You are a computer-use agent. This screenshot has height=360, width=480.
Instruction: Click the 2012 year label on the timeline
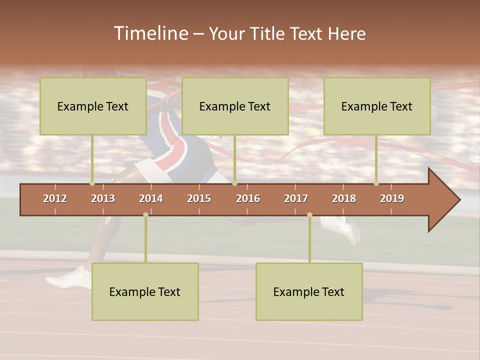click(55, 198)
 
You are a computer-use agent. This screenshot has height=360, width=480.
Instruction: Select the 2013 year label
click(103, 198)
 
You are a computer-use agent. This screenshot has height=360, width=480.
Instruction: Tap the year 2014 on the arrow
click(151, 198)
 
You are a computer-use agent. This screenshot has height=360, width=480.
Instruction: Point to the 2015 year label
click(199, 198)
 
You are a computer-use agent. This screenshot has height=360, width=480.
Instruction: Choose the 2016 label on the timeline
click(248, 198)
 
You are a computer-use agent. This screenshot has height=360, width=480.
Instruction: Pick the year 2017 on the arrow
click(296, 198)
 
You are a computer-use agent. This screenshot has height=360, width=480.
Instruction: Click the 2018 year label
click(344, 198)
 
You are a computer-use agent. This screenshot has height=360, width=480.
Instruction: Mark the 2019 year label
click(392, 198)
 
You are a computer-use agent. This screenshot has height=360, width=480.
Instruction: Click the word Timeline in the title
click(150, 33)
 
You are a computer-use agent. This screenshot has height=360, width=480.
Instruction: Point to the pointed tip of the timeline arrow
click(458, 200)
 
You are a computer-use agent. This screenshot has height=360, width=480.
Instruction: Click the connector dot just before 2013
click(92, 183)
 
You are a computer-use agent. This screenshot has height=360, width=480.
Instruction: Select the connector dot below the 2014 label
click(145, 214)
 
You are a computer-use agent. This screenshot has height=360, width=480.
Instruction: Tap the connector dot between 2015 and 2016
click(234, 183)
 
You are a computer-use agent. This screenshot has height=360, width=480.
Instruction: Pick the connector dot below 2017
click(309, 214)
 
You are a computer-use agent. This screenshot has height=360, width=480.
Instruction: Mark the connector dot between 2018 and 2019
click(376, 183)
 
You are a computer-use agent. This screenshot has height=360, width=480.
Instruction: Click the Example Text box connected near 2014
click(145, 291)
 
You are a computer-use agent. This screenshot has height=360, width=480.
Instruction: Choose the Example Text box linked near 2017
click(309, 291)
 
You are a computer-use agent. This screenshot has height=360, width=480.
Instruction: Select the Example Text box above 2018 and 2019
click(377, 106)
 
